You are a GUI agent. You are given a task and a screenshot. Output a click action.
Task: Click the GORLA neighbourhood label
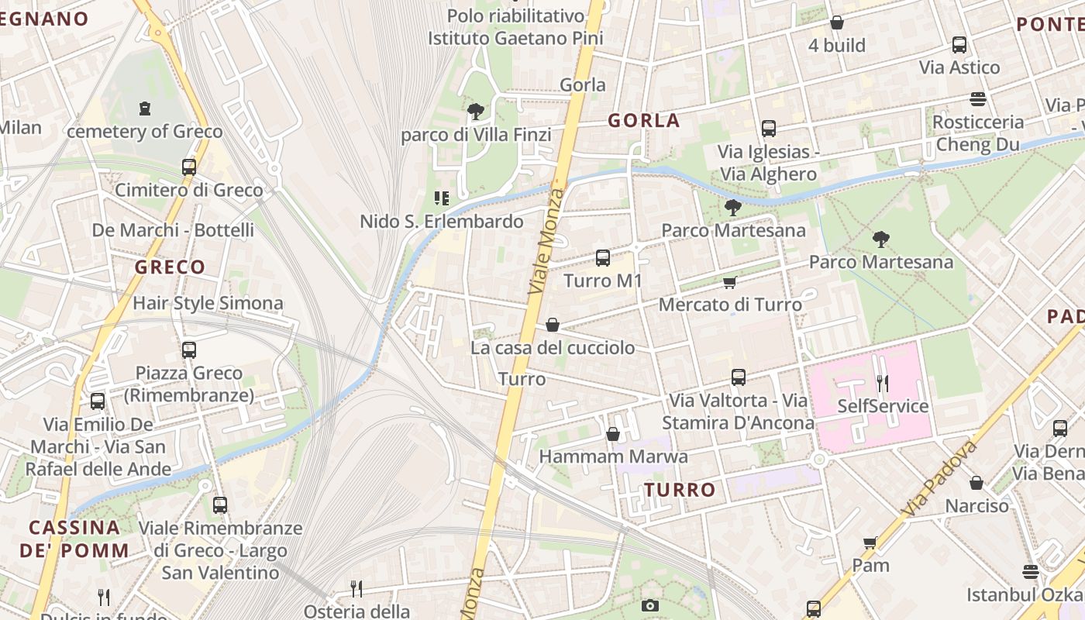pyautogui.click(x=643, y=121)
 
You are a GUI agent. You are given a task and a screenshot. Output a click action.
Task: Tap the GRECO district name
pyautogui.click(x=170, y=267)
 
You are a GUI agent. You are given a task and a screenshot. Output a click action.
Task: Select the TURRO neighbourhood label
pyautogui.click(x=680, y=490)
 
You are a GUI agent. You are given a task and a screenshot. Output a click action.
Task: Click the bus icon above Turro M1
pyautogui.click(x=602, y=258)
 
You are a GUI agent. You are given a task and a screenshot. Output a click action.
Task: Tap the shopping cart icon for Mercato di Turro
pyautogui.click(x=728, y=283)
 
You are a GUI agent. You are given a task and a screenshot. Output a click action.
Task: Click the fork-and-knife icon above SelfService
pyautogui.click(x=882, y=383)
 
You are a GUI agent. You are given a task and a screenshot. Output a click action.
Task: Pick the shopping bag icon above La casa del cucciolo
pyautogui.click(x=553, y=325)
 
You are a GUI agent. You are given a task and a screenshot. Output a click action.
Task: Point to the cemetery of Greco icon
pyautogui.click(x=145, y=108)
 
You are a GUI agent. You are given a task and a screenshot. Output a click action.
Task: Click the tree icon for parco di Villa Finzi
pyautogui.click(x=475, y=112)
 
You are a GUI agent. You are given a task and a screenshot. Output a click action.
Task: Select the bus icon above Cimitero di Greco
pyautogui.click(x=188, y=167)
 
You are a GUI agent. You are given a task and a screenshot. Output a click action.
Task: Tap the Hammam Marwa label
pyautogui.click(x=613, y=456)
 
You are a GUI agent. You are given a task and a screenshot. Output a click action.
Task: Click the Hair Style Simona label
pyautogui.click(x=208, y=303)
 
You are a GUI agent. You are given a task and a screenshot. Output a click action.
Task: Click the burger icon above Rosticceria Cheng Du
pyautogui.click(x=977, y=99)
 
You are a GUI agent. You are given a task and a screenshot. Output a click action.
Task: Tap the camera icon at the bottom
pyautogui.click(x=650, y=606)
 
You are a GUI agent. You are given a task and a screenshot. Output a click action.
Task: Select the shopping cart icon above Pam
pyautogui.click(x=870, y=542)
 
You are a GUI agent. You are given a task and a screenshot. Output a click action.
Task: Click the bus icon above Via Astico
pyautogui.click(x=959, y=45)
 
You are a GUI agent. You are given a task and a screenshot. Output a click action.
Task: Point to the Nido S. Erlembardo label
pyautogui.click(x=442, y=222)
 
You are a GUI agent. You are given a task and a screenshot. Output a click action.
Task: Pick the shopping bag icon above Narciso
pyautogui.click(x=976, y=483)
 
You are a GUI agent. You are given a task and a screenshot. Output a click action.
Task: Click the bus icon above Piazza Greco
pyautogui.click(x=188, y=350)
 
